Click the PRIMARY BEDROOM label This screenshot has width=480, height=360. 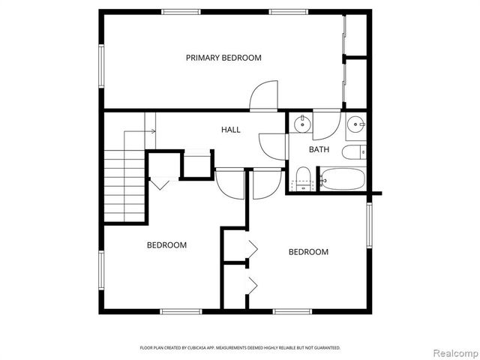(223, 58)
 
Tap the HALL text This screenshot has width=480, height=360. (230, 130)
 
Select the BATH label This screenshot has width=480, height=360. (319, 149)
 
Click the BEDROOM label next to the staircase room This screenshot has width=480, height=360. (166, 245)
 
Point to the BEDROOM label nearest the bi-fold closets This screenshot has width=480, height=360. (308, 252)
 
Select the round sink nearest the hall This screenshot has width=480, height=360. (301, 124)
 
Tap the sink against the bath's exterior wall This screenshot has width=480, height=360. (356, 124)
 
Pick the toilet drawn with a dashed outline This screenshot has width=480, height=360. (304, 178)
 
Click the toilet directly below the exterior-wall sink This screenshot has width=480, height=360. (352, 153)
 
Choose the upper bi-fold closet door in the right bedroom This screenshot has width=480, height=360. (252, 247)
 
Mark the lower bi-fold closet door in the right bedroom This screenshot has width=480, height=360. (252, 283)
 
